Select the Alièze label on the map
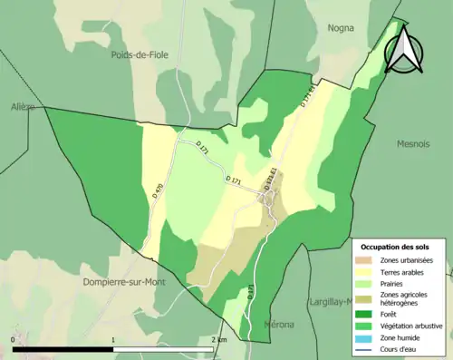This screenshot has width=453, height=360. [x=21, y=107]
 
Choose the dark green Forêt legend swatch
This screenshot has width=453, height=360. [x=363, y=314]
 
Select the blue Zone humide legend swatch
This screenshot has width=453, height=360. [x=363, y=336]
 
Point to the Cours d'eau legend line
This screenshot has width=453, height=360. [x=363, y=347]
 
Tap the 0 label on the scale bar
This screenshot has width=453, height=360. [x=14, y=339]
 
